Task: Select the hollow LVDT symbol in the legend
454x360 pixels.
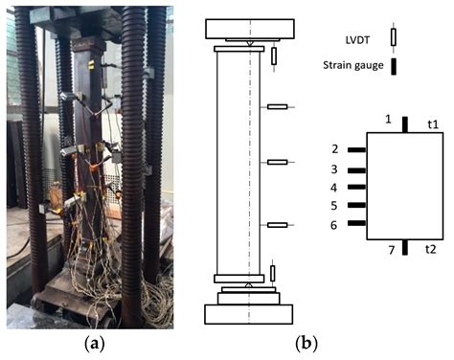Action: (x=393, y=37)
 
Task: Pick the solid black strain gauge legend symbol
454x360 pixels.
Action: (x=393, y=65)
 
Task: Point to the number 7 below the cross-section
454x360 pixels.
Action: (x=390, y=252)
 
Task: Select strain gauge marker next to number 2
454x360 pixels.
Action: (x=356, y=150)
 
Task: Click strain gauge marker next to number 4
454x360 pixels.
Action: (x=356, y=188)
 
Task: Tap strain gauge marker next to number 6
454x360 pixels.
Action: (x=356, y=224)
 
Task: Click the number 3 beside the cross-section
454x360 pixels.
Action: (x=334, y=169)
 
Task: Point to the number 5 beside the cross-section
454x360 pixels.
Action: (x=334, y=206)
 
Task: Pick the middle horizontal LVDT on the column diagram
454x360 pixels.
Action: (x=277, y=163)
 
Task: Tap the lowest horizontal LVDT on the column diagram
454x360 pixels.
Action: (x=277, y=225)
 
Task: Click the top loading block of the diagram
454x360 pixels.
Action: (x=247, y=28)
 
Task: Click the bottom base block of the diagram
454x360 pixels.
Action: (x=248, y=314)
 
